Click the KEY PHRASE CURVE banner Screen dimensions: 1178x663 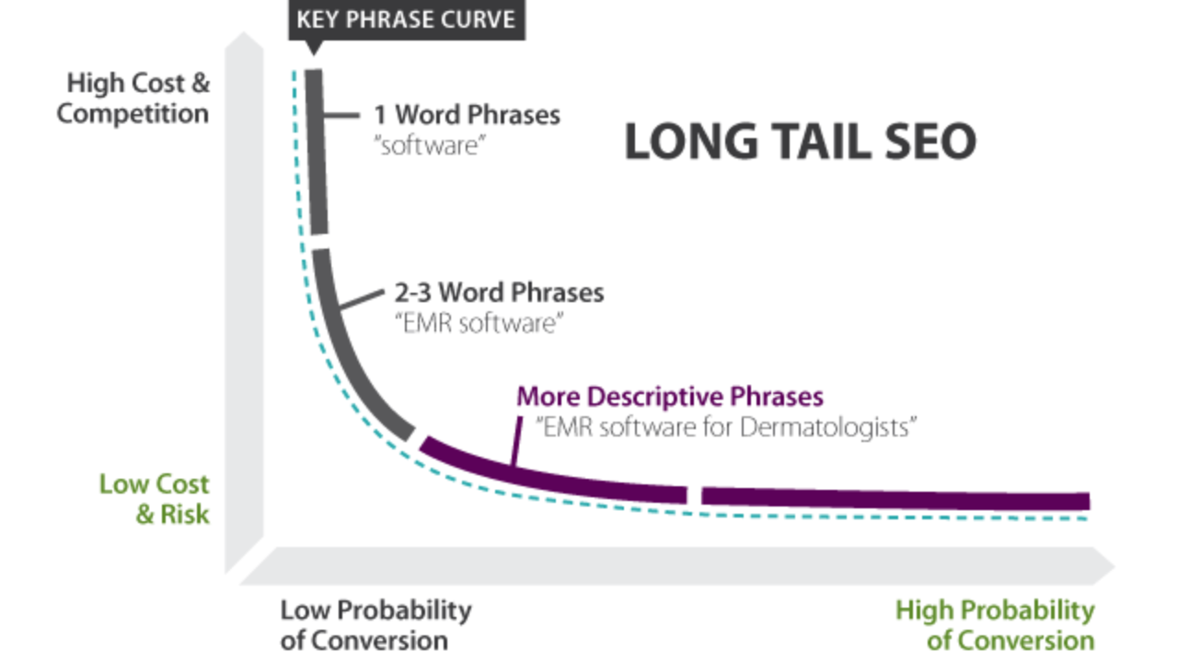pos(407,20)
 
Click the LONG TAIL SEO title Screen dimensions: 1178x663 pos(801,142)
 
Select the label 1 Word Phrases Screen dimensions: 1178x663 pos(467,115)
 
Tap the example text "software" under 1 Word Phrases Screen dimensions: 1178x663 pos(430,145)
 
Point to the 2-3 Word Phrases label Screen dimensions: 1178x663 pos(499,293)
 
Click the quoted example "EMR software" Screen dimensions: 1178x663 pos(479,323)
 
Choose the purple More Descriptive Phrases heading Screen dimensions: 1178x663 pos(670,397)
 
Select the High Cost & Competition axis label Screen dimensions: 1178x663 pos(133,99)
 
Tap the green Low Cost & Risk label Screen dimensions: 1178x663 pos(155,499)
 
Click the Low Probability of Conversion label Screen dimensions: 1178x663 pos(376,625)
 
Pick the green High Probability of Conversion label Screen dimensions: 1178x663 pos(995,625)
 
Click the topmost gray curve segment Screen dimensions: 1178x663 pos(317,152)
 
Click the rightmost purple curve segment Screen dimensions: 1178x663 pos(895,499)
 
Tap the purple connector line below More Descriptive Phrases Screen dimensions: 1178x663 pos(516,441)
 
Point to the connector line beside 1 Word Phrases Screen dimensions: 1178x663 pos(341,115)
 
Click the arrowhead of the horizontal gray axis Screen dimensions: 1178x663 pos(1103,566)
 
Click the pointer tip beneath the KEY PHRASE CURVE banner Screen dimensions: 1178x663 pos(314,53)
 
